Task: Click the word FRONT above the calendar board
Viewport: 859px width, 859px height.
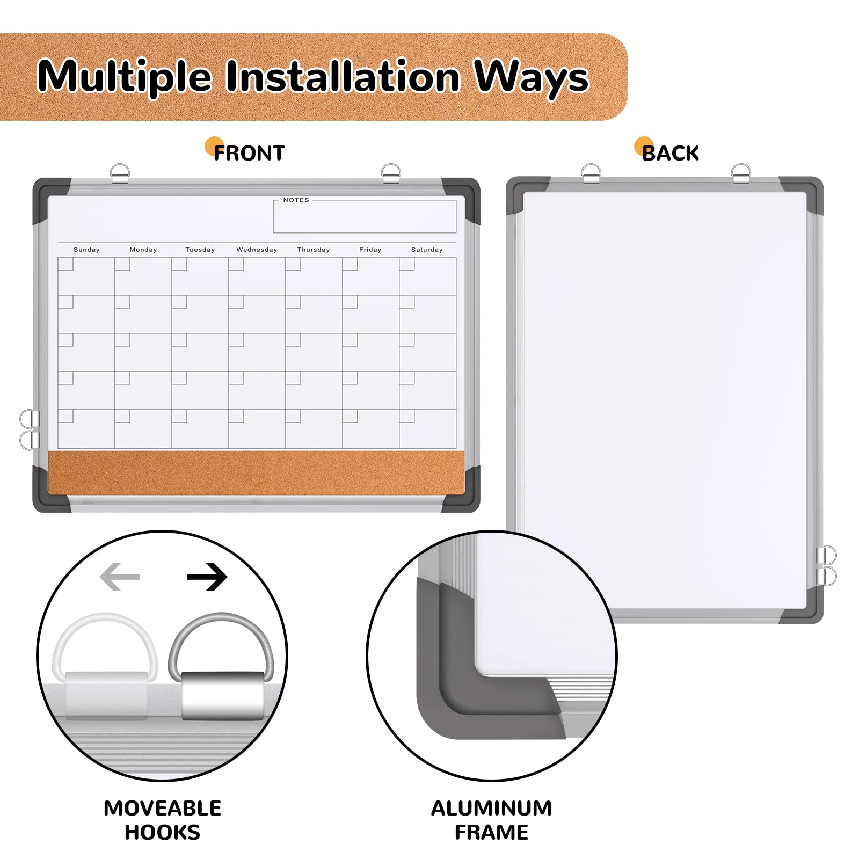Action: pyautogui.click(x=249, y=154)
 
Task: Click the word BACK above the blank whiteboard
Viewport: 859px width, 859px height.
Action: pyautogui.click(x=671, y=154)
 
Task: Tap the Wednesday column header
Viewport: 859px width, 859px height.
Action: pyautogui.click(x=257, y=250)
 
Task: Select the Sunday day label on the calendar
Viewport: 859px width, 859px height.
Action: pyautogui.click(x=86, y=250)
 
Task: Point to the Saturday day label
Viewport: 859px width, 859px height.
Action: pyautogui.click(x=427, y=250)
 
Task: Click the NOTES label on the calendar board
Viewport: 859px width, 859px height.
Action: pyautogui.click(x=296, y=200)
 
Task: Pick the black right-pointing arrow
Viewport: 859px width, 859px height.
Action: pyautogui.click(x=207, y=577)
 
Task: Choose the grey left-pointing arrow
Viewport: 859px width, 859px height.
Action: pyautogui.click(x=120, y=577)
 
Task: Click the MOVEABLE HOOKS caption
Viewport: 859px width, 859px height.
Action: pyautogui.click(x=162, y=820)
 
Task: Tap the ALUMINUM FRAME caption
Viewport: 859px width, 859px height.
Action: pyautogui.click(x=491, y=820)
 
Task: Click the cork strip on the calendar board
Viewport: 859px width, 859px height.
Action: pyautogui.click(x=257, y=472)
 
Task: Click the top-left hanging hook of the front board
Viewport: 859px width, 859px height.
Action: pyautogui.click(x=119, y=173)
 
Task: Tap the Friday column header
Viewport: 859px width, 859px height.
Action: pyautogui.click(x=370, y=250)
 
